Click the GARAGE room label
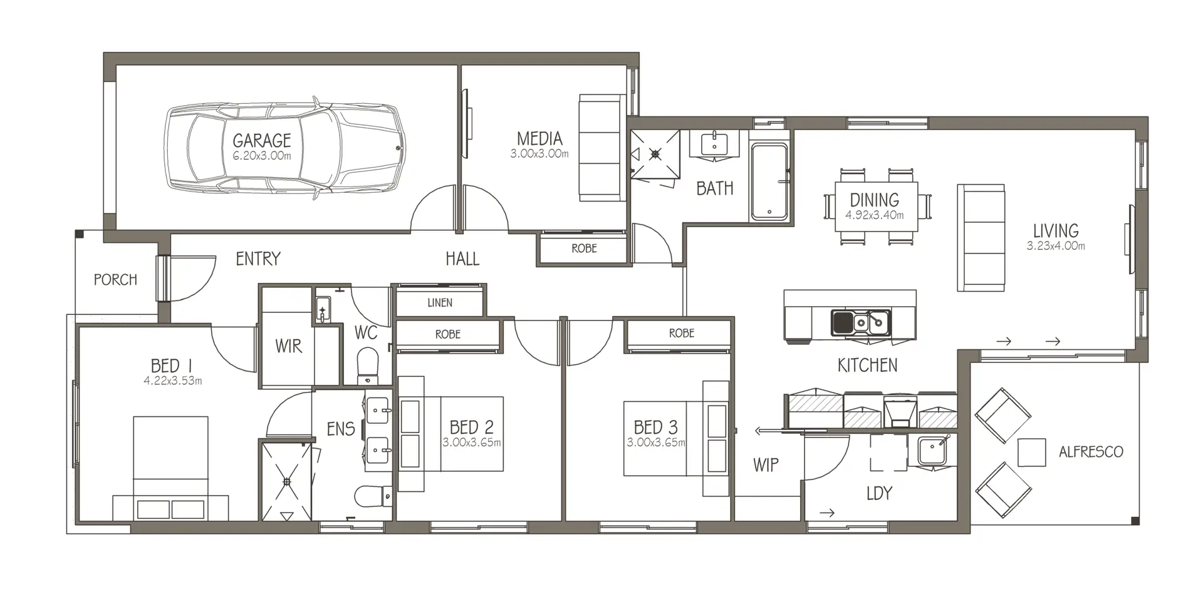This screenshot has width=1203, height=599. [x=262, y=140]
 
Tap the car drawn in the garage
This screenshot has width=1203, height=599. [x=285, y=148]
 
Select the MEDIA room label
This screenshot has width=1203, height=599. [x=539, y=138]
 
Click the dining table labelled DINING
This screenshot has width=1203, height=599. [x=877, y=207]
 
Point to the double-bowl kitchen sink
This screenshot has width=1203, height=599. [x=861, y=322]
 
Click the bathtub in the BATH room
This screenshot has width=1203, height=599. [x=769, y=182]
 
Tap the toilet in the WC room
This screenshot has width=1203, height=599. [x=367, y=366]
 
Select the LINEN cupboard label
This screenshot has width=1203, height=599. [x=440, y=303]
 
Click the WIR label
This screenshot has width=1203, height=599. [x=288, y=346]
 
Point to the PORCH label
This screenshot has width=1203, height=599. [x=115, y=280]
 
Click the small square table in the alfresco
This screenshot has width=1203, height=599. [x=1031, y=453]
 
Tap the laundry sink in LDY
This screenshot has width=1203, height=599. [x=933, y=451]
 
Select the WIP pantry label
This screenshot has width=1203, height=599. [x=766, y=464]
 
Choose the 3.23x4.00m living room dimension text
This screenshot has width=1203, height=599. [x=1056, y=246]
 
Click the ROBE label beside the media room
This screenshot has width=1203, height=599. [x=584, y=248]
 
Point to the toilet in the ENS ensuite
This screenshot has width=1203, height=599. [x=373, y=497]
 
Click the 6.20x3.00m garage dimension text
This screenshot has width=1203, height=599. [x=262, y=156]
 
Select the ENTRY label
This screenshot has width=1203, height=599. [x=258, y=259]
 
